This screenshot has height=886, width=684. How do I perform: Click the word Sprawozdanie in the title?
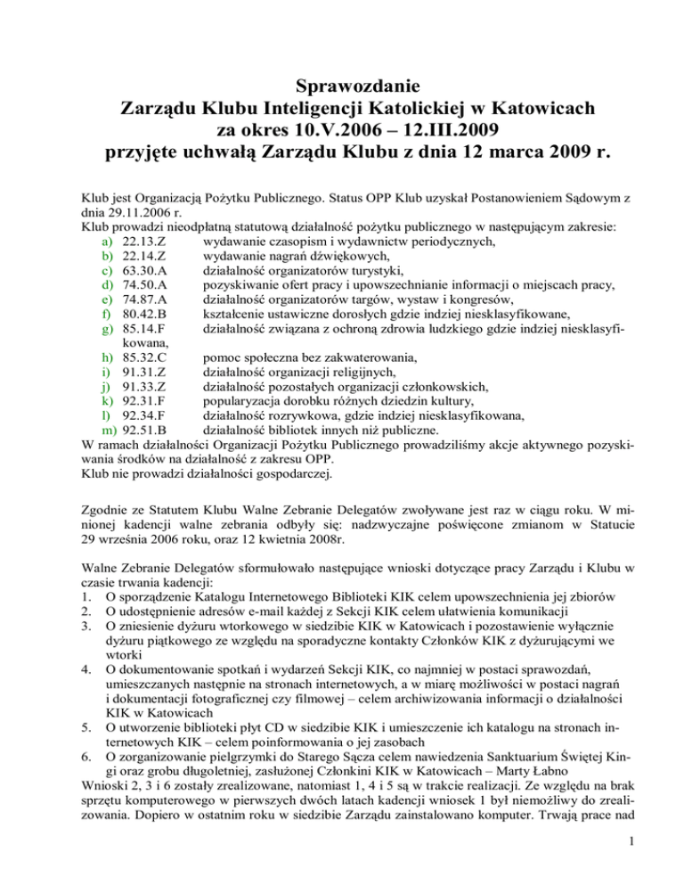(x=342, y=87)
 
